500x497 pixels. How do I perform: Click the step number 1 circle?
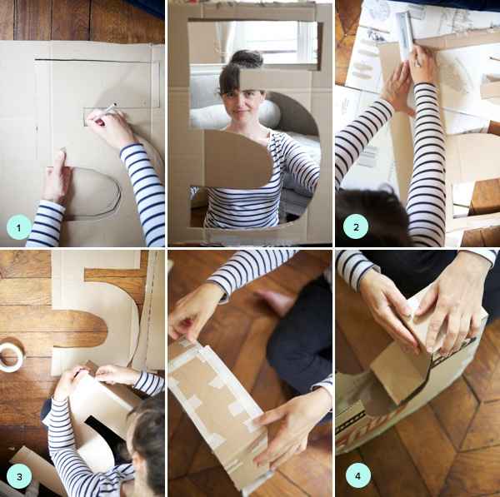(18, 227)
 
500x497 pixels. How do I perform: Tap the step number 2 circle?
(356, 226)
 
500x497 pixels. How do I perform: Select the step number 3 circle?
(19, 477)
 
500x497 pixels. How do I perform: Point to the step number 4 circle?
(358, 475)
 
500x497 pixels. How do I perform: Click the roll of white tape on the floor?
(11, 355)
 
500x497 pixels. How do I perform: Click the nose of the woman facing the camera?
(241, 104)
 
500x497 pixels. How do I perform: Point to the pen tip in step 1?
(115, 104)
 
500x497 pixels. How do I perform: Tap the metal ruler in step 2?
(405, 35)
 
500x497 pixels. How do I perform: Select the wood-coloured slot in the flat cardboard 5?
(80, 328)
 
